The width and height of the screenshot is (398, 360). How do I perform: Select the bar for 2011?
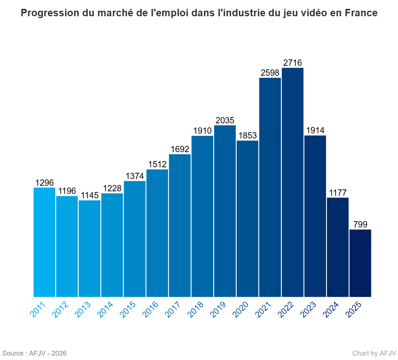[44, 242]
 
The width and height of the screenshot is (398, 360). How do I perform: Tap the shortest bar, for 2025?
[360, 263]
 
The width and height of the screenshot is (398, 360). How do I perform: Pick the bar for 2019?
[225, 211]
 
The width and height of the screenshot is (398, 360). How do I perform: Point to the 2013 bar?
[89, 248]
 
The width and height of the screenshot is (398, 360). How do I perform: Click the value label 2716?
[293, 63]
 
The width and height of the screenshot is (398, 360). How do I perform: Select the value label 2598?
[270, 73]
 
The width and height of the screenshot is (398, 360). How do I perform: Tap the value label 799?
[360, 224]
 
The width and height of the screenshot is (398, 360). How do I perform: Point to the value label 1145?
[89, 195]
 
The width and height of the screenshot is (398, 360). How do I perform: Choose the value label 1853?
[247, 136]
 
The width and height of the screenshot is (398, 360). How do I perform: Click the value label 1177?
[338, 193]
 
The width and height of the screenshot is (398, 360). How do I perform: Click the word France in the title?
[361, 13]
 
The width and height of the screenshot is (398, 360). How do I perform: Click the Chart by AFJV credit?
[374, 353]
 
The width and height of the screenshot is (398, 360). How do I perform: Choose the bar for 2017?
[180, 225]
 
